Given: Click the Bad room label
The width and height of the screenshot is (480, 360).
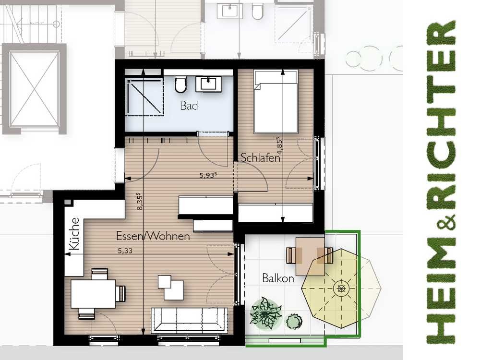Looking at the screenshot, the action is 189,106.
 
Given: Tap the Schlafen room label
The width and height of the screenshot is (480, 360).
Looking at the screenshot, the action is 261,157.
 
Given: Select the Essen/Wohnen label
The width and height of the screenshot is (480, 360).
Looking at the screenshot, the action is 153,236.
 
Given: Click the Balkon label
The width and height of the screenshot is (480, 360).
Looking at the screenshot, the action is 278,278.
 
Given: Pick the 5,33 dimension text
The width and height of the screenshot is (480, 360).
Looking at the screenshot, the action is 125,251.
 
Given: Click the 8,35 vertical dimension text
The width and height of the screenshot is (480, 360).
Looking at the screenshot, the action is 140,201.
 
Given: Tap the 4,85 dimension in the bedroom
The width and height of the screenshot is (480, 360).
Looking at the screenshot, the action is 279,146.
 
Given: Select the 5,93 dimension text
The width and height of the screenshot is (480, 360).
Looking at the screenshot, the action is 208,175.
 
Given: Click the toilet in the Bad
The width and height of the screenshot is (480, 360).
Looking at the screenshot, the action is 180,84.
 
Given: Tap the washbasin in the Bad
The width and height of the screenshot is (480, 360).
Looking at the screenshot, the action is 208,84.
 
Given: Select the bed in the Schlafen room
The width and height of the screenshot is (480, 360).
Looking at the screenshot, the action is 276,102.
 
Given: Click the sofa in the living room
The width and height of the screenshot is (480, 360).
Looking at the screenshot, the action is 190,320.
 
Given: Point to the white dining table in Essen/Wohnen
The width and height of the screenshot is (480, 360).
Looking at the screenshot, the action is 94,294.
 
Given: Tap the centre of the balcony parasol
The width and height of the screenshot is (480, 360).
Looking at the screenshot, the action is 341,288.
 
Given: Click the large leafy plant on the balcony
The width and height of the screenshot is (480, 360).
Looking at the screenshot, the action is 265,313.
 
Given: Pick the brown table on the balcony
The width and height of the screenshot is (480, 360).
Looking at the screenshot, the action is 310,256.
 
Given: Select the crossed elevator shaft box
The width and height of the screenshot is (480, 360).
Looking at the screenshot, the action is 34,89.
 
